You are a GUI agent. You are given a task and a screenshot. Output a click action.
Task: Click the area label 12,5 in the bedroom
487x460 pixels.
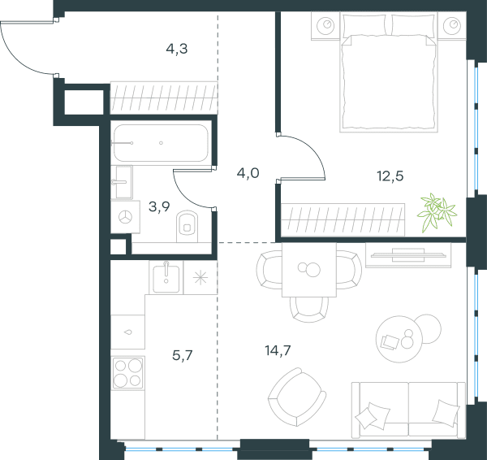390,176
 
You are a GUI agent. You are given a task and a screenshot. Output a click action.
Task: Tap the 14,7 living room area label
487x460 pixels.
278,350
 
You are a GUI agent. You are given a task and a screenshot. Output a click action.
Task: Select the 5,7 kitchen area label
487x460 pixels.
183,355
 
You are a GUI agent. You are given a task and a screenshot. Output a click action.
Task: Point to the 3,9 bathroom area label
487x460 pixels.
159,206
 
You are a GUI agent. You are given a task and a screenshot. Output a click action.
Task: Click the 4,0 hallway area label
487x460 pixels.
248,173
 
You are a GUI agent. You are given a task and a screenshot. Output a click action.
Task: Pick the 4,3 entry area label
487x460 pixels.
177,49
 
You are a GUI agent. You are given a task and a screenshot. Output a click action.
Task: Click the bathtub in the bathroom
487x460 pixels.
161,143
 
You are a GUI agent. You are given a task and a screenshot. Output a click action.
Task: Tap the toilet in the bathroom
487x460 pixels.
187,226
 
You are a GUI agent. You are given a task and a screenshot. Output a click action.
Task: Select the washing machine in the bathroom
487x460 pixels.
126,217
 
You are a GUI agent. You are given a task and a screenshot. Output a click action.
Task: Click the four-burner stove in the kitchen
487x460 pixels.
128,372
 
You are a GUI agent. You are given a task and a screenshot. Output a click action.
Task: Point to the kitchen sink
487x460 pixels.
166,279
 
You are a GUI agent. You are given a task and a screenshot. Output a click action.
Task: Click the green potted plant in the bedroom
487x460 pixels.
437,212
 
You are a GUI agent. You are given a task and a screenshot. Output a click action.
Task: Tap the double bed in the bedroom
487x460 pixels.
389,72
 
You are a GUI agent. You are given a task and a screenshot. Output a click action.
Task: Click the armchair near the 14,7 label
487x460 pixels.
297,397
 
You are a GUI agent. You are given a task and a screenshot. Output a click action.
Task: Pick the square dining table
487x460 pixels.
309,270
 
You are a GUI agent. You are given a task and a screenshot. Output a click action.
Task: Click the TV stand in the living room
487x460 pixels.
408,254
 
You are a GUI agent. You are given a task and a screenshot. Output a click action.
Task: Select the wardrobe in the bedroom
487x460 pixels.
343,220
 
